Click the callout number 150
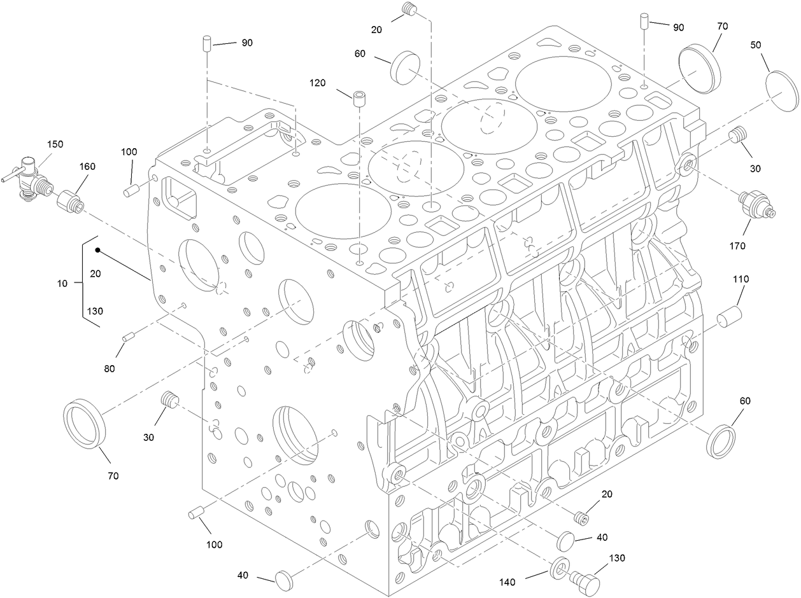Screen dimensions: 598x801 pyautogui.click(x=55, y=144)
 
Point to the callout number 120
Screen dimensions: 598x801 pyautogui.click(x=318, y=83)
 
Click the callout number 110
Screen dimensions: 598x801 pyautogui.click(x=741, y=279)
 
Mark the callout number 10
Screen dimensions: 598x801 pyautogui.click(x=62, y=284)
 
